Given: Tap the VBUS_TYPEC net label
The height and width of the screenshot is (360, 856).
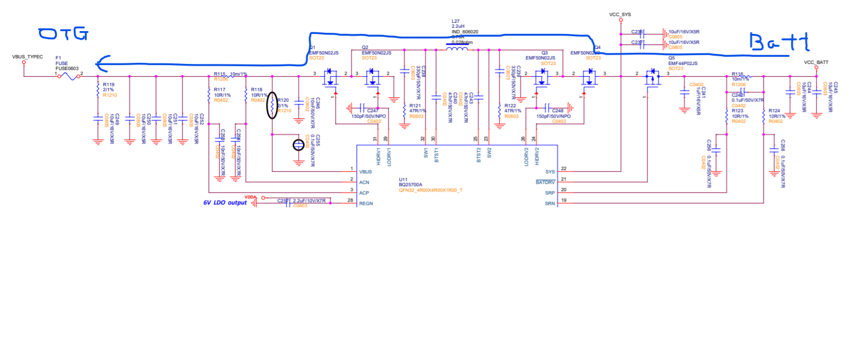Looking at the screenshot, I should click(27, 57).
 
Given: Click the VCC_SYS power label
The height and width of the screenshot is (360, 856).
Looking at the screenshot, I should click(620, 14).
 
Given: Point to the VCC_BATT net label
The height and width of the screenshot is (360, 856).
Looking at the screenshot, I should click(817, 62).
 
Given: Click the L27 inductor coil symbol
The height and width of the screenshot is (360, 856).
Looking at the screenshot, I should click(457, 49).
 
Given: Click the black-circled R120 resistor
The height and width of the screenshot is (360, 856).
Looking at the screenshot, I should click(271, 105).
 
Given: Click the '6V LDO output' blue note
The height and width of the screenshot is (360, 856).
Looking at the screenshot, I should click(225, 203).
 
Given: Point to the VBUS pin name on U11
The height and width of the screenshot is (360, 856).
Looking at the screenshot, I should click(366, 171).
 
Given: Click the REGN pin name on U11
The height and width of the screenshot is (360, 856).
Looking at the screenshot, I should click(366, 203).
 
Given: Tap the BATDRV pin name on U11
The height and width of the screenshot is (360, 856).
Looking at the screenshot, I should click(545, 182).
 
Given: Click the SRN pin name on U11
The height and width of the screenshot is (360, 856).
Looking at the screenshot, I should click(549, 203).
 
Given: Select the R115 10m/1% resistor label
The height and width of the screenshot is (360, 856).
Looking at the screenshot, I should click(230, 74).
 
